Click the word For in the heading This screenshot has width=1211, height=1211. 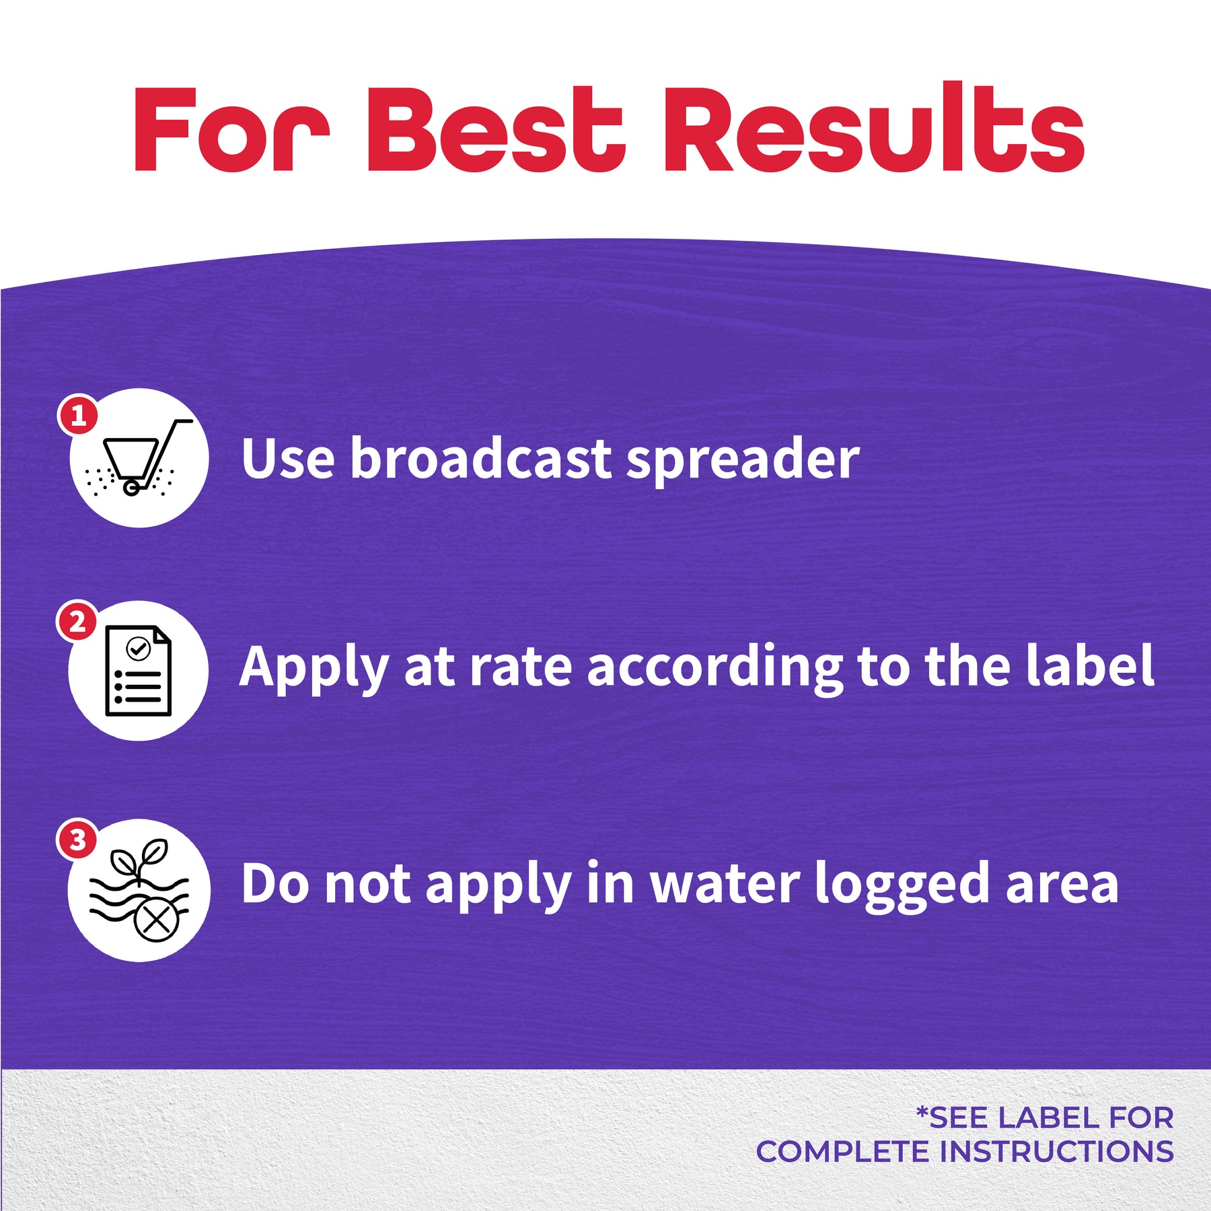pyautogui.click(x=231, y=130)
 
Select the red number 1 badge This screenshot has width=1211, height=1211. pyautogui.click(x=78, y=415)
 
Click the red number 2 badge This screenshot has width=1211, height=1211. pyautogui.click(x=77, y=621)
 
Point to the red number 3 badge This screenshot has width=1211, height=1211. pyautogui.click(x=77, y=840)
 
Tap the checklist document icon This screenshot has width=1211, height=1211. pyautogui.click(x=139, y=671)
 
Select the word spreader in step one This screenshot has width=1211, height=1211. pyautogui.click(x=743, y=461)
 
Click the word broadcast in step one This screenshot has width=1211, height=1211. pyautogui.click(x=480, y=458)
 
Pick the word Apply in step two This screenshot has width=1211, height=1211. pyautogui.click(x=314, y=668)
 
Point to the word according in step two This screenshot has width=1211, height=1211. pyautogui.click(x=714, y=668)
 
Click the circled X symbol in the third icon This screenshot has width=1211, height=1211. pyautogui.click(x=157, y=920)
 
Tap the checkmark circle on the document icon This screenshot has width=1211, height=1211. pyautogui.click(x=139, y=649)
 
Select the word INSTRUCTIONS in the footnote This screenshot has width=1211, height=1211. pyautogui.click(x=1057, y=1151)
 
